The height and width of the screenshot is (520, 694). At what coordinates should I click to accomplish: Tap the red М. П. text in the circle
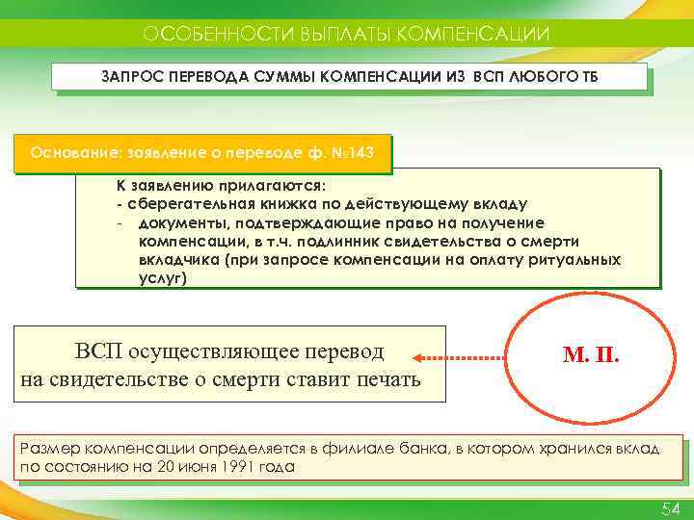tap(591, 357)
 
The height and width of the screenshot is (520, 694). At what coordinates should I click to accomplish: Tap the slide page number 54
tap(670, 507)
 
